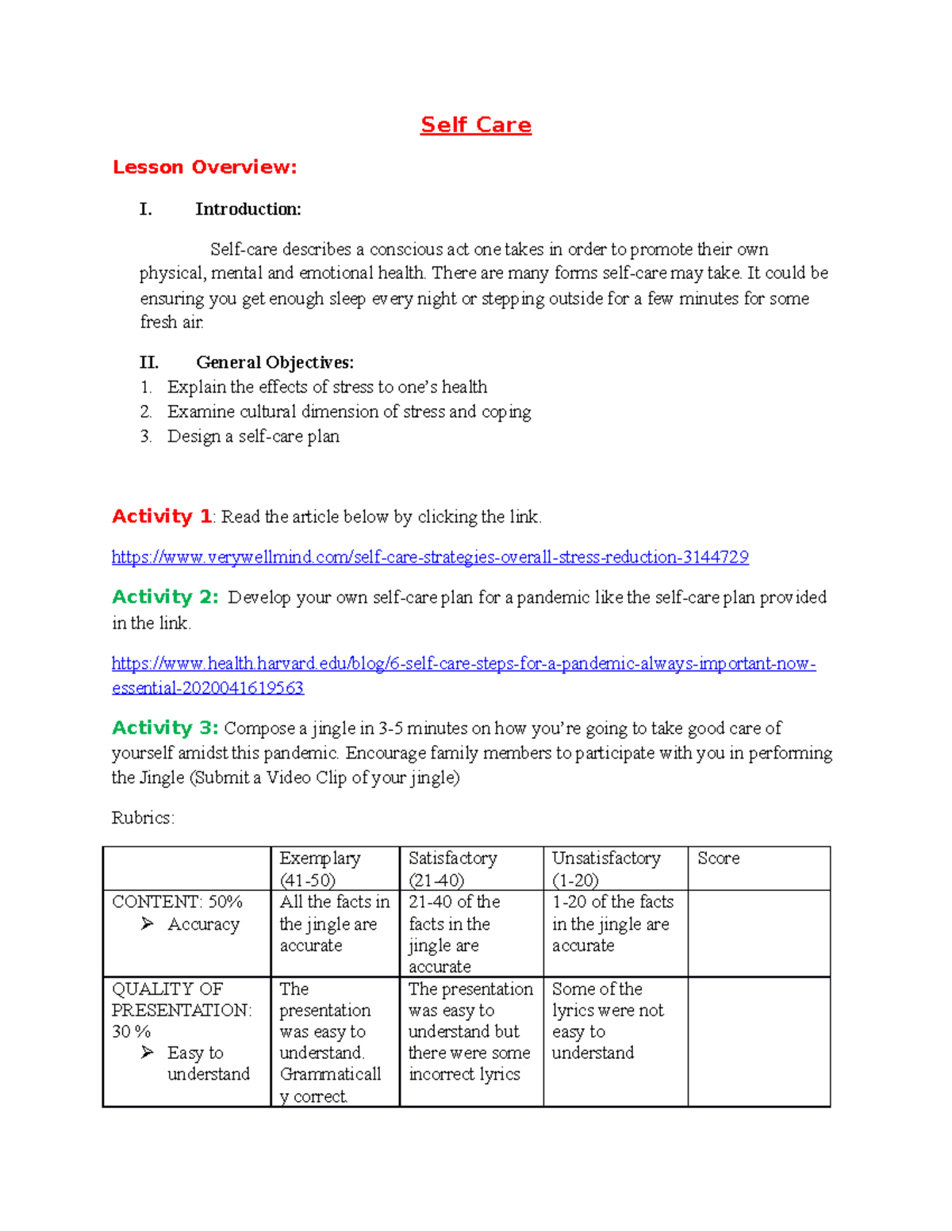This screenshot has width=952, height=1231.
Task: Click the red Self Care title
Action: tap(475, 125)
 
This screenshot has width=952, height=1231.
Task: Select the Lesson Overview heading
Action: tap(205, 167)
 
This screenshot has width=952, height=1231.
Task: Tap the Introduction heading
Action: tap(248, 209)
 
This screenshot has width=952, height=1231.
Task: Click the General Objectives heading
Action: tap(274, 362)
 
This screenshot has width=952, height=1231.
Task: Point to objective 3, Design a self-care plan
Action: tap(252, 436)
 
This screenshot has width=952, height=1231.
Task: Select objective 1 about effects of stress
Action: tap(327, 387)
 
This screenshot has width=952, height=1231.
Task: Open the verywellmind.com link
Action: tap(429, 557)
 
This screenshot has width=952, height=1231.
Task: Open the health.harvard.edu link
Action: tap(463, 663)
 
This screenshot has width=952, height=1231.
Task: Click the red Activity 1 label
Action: tap(162, 517)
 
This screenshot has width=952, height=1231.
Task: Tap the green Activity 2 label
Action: tap(164, 597)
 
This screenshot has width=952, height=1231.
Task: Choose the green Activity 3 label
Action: tap(164, 728)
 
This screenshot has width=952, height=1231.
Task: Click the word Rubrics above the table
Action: tap(143, 818)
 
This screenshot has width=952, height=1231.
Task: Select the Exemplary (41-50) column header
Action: tap(320, 869)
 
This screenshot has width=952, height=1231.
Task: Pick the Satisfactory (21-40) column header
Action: tap(452, 869)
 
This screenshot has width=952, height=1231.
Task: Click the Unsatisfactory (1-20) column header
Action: tap(606, 869)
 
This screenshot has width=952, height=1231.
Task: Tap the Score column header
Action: tap(718, 858)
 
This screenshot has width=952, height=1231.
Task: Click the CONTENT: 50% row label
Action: tap(177, 902)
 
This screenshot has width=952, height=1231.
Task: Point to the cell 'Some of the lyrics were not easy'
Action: tap(608, 1021)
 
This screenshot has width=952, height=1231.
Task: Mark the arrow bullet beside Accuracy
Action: tap(148, 923)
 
